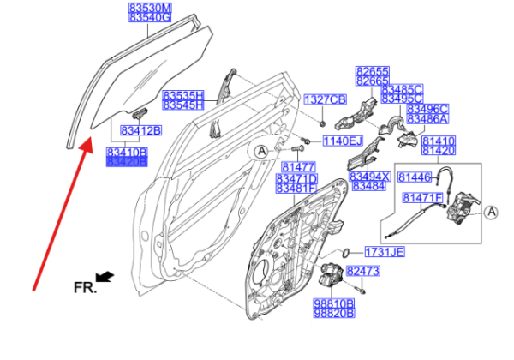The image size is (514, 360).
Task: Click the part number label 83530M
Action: tap(150, 7)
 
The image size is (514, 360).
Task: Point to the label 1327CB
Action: tap(326, 99)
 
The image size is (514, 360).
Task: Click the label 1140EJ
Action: tap(343, 140)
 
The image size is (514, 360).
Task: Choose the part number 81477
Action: tap(296, 167)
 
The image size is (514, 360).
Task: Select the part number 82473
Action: tap(363, 271)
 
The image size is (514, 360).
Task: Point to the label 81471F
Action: tap(422, 198)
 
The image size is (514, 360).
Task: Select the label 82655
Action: tap(374, 70)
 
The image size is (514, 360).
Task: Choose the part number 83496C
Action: tap(427, 109)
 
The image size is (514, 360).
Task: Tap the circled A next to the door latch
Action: tap(491, 212)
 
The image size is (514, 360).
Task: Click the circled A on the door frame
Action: tap(261, 152)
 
